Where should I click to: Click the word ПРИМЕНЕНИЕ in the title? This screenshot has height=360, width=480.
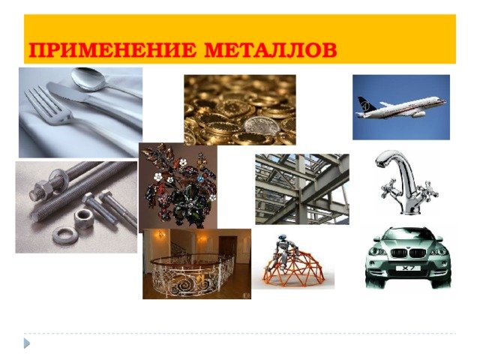pos(112,49)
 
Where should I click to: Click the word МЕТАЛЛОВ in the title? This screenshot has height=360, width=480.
pos(271,49)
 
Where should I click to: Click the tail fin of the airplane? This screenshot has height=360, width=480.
pos(365,103)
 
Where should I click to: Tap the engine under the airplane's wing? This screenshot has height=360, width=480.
pos(418,115)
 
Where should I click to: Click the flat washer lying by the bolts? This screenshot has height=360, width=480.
pos(65,235)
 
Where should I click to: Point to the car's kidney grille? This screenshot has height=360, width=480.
pos(408,253)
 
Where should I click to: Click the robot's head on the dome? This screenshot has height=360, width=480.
pos(282,238)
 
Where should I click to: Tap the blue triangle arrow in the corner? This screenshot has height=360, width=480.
pos(27,343)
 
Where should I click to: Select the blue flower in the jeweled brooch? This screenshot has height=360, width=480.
pos(201,178)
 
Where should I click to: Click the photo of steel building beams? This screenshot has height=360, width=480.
pos(302,189)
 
